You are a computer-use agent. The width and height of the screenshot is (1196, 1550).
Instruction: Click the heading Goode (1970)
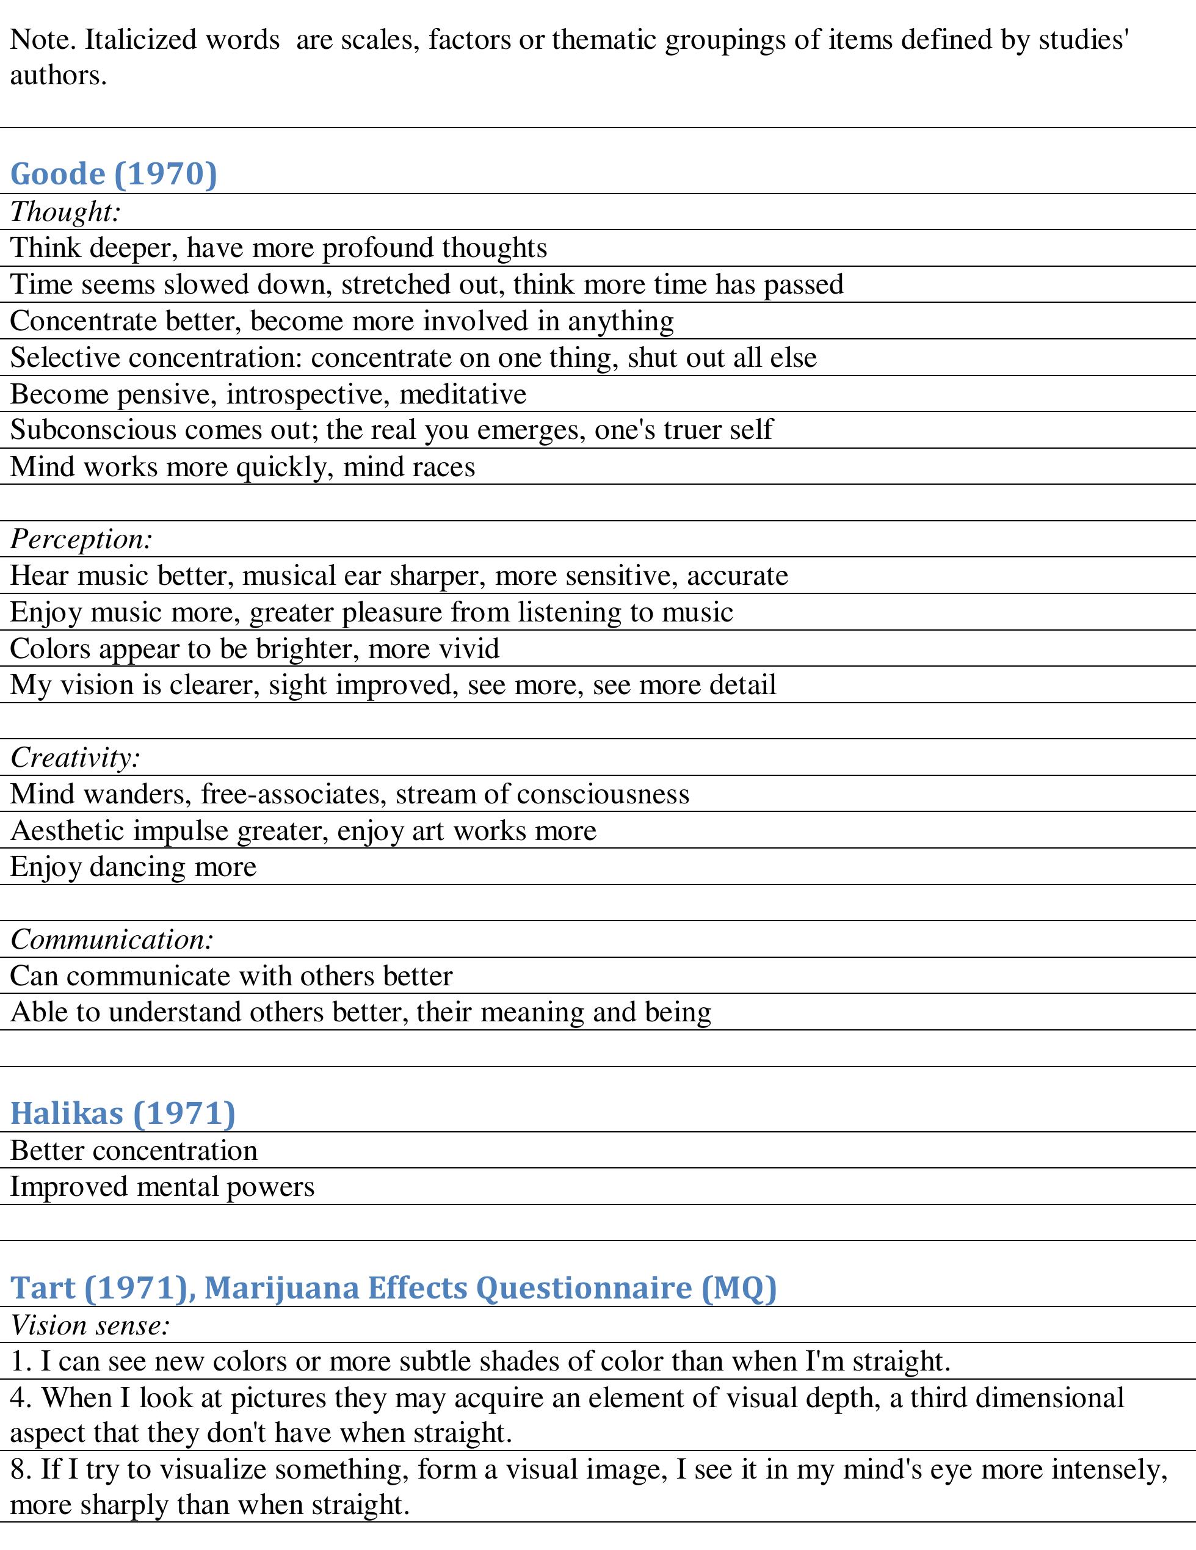click(114, 174)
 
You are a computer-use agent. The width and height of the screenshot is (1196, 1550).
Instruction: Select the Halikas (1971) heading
click(122, 1113)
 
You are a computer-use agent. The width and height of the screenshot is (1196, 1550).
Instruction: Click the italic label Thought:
click(65, 211)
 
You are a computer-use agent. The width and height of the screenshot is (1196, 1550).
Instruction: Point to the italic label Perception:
click(82, 540)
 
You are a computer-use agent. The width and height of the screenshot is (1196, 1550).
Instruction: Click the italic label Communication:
click(112, 940)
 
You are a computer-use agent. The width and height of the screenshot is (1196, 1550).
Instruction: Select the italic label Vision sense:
click(90, 1325)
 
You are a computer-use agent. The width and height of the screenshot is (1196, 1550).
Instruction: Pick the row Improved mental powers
click(162, 1187)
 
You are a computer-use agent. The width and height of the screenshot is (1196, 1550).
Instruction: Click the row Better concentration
click(134, 1150)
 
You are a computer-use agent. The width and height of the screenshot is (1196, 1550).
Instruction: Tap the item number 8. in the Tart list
click(20, 1468)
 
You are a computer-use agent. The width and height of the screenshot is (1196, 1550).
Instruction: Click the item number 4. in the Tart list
click(20, 1397)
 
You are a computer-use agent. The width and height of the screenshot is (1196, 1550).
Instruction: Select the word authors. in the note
click(58, 75)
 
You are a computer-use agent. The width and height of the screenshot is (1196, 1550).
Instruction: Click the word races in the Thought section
click(445, 467)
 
